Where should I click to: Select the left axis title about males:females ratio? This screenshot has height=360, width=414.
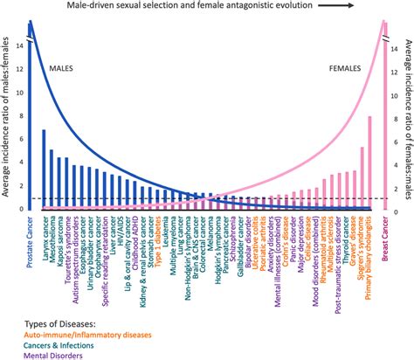tap(7, 114)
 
